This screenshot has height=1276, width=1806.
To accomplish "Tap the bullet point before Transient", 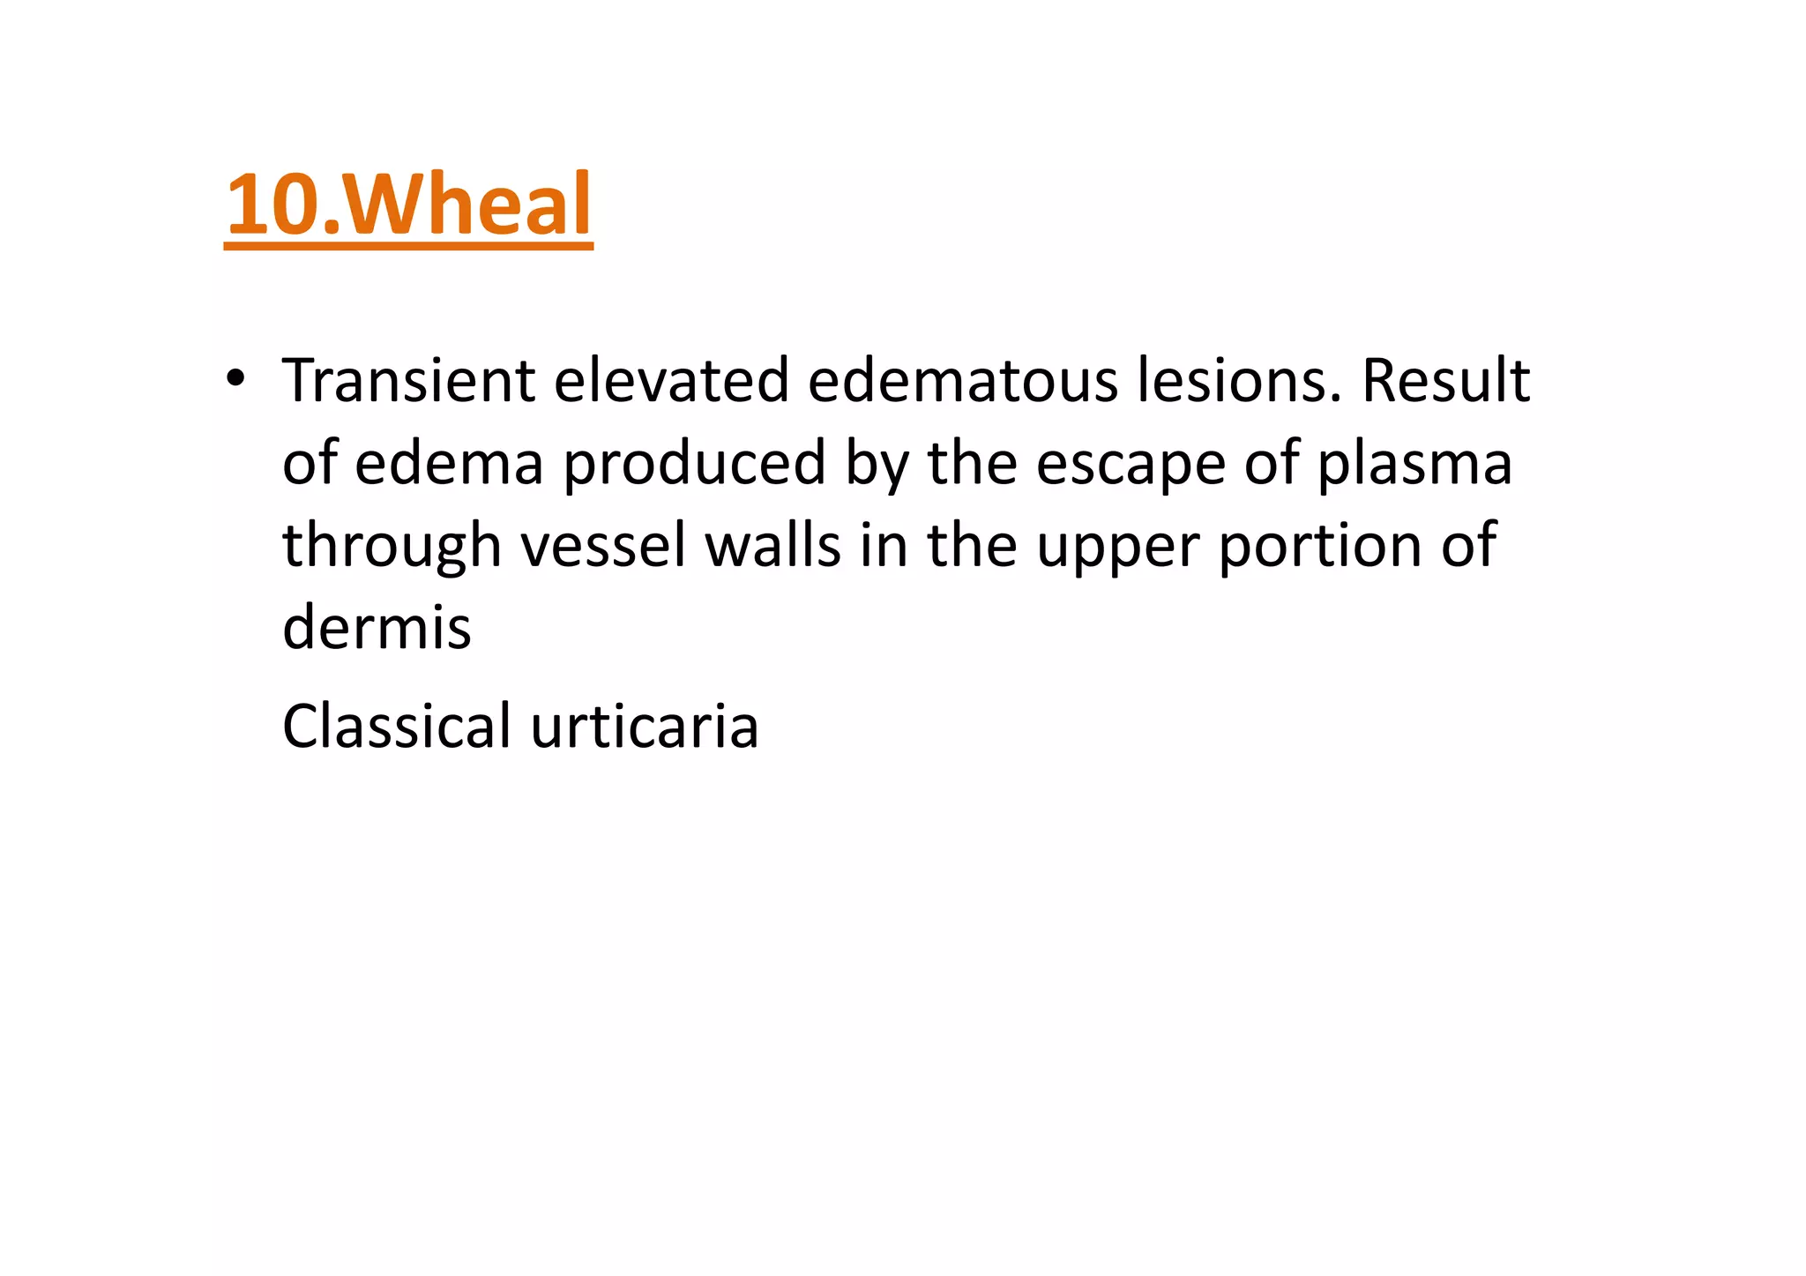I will [235, 379].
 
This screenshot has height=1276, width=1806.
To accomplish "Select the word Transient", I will [408, 381].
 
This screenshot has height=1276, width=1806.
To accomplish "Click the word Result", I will [1445, 381].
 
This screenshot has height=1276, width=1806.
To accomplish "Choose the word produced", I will [695, 465].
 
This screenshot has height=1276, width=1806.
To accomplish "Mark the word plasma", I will [1414, 465].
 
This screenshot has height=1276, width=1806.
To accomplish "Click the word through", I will [392, 547].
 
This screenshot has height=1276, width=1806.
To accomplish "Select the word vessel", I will [603, 545].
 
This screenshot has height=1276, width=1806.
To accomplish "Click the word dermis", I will [377, 627].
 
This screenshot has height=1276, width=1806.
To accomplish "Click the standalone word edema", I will [449, 463].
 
